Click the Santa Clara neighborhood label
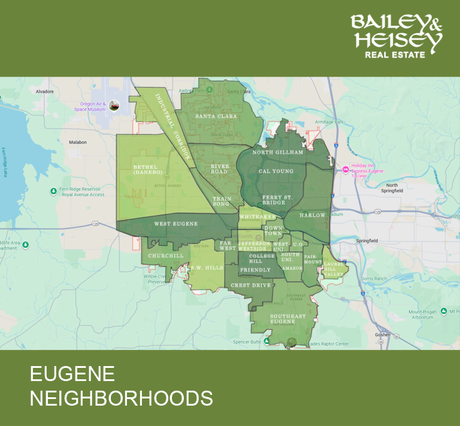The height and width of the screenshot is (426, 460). click(x=216, y=116)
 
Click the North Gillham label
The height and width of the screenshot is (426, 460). click(x=277, y=152)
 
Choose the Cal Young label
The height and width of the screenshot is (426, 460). click(x=276, y=171)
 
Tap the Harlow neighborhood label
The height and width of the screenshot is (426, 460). click(x=313, y=215)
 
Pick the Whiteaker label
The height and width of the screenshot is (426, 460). click(x=257, y=216)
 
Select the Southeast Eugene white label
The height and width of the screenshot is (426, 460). click(x=287, y=319)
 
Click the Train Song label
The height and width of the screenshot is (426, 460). click(x=222, y=201)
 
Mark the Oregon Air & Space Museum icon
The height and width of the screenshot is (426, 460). click(x=114, y=105)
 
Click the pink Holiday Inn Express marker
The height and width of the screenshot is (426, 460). click(x=346, y=169)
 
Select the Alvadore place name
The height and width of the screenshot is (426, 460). click(x=45, y=92)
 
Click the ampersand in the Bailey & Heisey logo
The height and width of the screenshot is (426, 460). click(x=434, y=25)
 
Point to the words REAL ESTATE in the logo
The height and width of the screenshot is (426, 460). click(x=395, y=55)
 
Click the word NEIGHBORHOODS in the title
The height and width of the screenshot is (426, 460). click(x=122, y=398)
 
